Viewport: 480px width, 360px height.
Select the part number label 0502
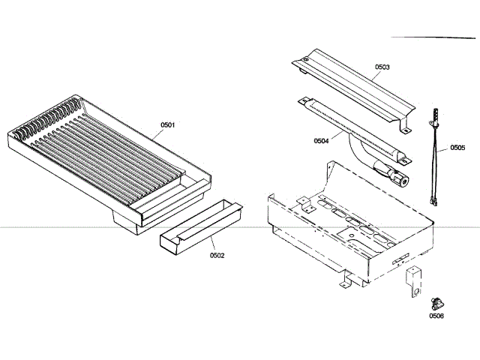(217, 255)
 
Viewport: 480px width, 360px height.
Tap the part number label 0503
(382, 67)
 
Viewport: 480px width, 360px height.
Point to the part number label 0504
(321, 140)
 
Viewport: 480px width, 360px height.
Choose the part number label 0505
(457, 148)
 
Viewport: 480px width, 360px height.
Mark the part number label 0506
(436, 316)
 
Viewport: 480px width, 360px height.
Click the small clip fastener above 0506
(434, 303)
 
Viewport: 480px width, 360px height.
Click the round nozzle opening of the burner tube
(404, 181)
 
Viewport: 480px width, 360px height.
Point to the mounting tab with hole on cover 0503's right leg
(406, 130)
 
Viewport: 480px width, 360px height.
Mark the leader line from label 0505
(444, 148)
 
